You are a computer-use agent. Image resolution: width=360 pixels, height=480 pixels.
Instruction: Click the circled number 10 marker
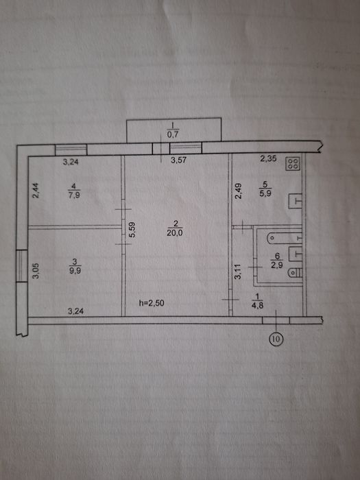coord(276,339)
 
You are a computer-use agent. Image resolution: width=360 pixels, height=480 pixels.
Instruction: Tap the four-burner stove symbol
coord(293,164)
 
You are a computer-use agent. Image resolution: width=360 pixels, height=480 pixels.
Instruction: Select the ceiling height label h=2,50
coord(152,303)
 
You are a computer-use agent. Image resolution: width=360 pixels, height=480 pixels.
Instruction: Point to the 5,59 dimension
coord(132,230)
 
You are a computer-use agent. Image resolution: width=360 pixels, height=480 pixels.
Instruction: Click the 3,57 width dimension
coord(179,160)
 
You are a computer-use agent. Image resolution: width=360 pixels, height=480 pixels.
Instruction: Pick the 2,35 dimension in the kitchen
coord(268,158)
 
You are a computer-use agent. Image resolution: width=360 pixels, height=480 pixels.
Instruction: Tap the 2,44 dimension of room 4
coord(36,190)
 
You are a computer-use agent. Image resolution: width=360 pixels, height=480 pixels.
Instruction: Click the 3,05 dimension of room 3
coord(36,271)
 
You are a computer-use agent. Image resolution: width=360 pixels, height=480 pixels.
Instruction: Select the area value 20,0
coord(175,233)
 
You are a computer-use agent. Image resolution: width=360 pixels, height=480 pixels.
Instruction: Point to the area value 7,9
coord(74,195)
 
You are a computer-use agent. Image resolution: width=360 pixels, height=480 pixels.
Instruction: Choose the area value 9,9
coord(75,270)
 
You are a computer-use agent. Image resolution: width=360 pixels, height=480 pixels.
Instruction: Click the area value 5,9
coord(265,193)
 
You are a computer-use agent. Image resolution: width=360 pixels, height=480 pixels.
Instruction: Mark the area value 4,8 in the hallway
coord(258,305)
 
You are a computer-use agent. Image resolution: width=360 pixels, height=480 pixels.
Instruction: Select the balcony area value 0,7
coord(173,134)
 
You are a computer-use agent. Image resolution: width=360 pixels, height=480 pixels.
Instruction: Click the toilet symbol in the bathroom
coord(296,272)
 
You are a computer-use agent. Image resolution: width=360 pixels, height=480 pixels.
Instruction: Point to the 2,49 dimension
coord(238,191)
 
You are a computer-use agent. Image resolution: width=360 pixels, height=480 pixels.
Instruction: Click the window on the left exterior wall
coord(22,266)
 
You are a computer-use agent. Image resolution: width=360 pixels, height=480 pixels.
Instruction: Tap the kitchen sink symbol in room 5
coord(296,201)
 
